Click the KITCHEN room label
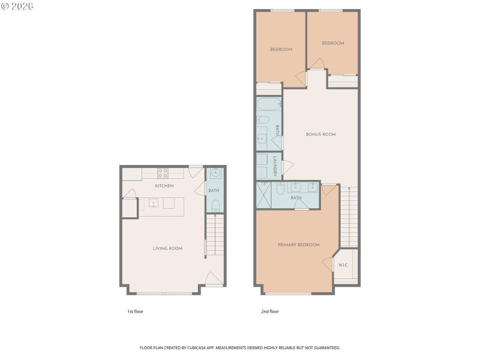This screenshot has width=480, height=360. click(x=164, y=186)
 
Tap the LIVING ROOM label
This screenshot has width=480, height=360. click(x=167, y=248)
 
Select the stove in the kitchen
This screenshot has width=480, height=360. click(x=163, y=173)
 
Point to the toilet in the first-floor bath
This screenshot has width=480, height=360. click(x=215, y=206)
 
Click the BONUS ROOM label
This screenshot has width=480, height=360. click(x=320, y=134)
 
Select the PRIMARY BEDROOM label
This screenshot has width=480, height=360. click(x=298, y=245)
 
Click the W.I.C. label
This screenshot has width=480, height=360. click(x=343, y=265)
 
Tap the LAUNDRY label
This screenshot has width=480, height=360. click(x=275, y=166)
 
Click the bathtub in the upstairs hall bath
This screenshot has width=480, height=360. click(x=268, y=104)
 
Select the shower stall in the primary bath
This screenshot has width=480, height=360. click(x=263, y=195)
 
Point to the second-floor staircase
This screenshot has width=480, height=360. click(x=349, y=216)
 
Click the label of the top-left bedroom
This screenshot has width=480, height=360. click(x=281, y=49)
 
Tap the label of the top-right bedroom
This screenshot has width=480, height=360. click(x=332, y=43)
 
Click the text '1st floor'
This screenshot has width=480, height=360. click(x=135, y=311)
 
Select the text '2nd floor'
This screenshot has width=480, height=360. click(x=270, y=311)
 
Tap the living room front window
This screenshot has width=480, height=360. click(x=164, y=293)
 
